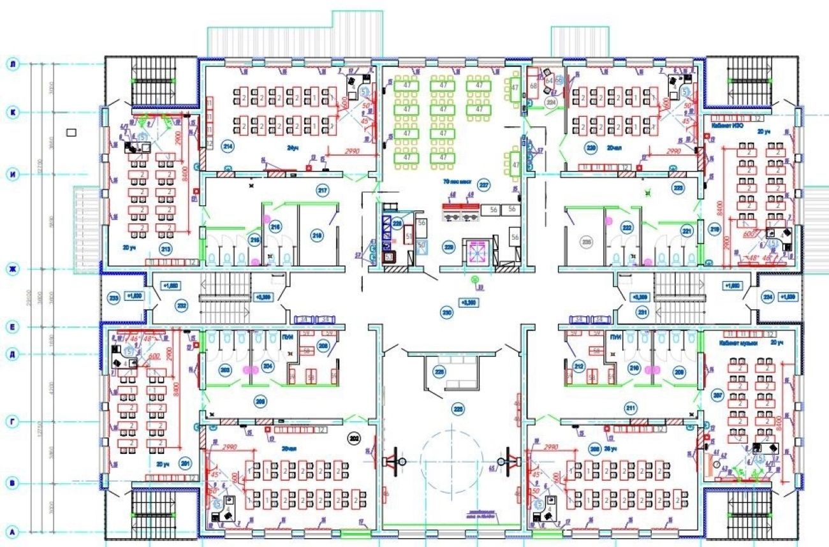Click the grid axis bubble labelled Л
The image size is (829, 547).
11,64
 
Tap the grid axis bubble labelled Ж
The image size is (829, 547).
11,268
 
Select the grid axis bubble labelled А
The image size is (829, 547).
11,530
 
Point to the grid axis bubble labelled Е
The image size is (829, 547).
11,327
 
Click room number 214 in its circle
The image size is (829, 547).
227,147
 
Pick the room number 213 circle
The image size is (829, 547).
166,250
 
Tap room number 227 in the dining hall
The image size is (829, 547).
484,186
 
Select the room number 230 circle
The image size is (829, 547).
447,312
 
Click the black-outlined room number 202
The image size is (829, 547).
352,437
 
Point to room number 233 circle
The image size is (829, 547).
114,298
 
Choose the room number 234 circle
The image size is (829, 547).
768,297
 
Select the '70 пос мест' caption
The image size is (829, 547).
457,181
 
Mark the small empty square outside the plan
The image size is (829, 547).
71,133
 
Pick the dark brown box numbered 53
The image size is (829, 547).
389,257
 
